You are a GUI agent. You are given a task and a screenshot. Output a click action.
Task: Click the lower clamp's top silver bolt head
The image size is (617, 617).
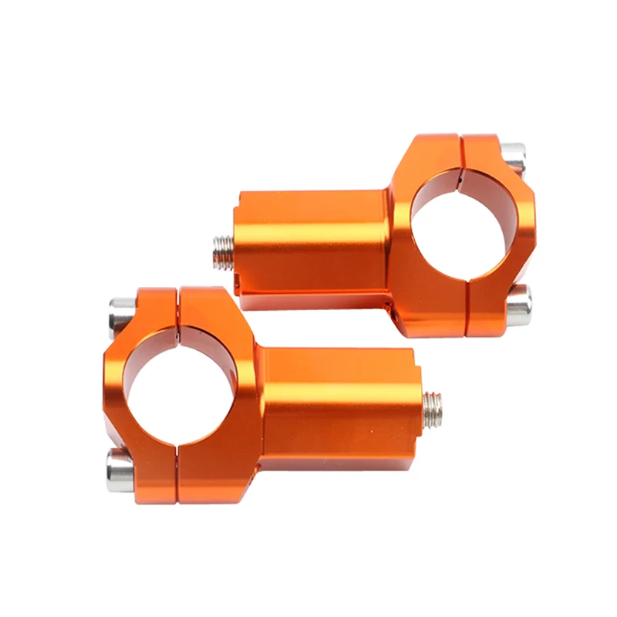(x=120, y=312)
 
